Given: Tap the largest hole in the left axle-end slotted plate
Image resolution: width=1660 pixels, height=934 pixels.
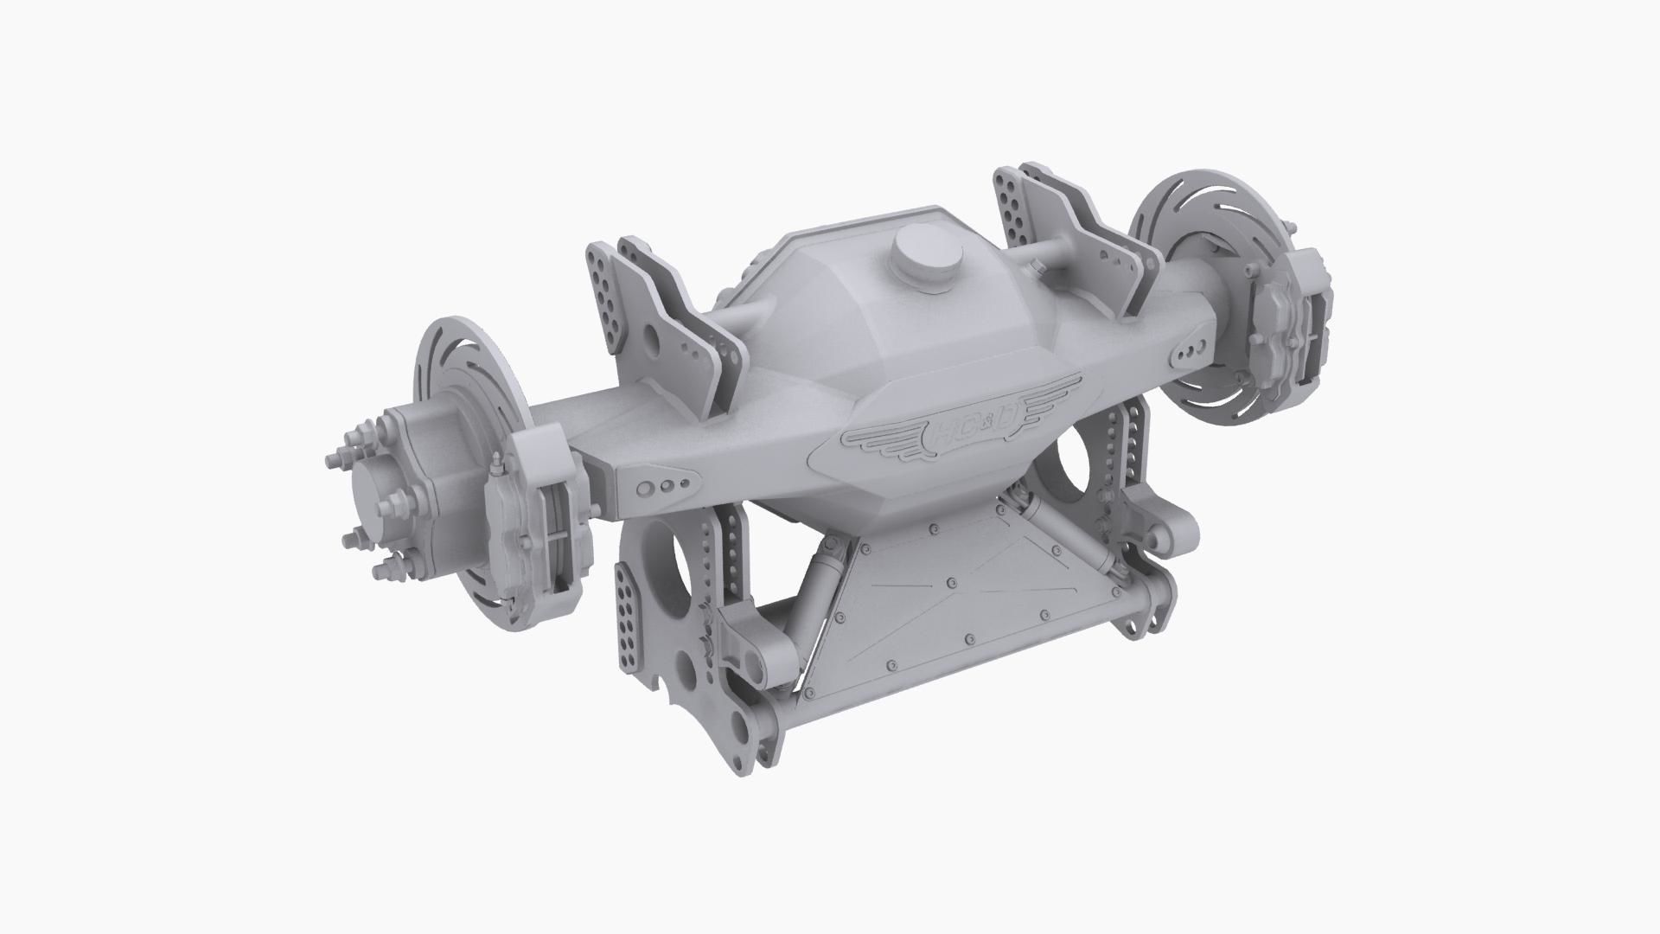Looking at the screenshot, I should [x=645, y=489].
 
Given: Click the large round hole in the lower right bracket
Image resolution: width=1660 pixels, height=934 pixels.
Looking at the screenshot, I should [x=1081, y=468].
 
